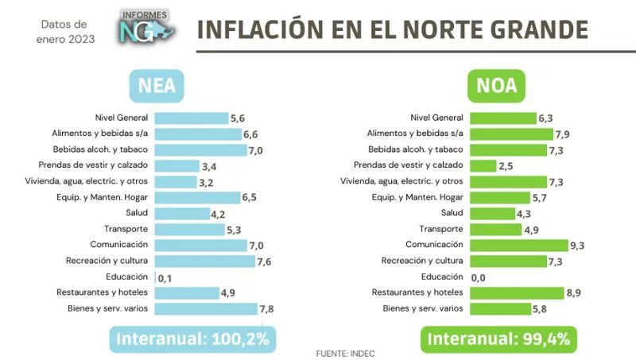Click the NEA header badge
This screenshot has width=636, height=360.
[157, 86]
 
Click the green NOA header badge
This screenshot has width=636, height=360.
[496, 86]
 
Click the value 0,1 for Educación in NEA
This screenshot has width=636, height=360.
[166, 277]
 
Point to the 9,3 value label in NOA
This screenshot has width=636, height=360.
[577, 246]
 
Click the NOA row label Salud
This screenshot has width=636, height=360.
[452, 213]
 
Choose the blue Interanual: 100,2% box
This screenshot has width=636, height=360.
[193, 339]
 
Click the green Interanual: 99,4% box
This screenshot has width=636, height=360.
[498, 339]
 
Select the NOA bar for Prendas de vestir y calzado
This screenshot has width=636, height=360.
[484, 165]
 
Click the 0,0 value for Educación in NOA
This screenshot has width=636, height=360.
[479, 277]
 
